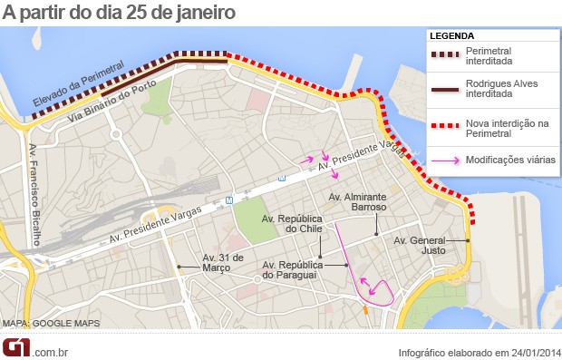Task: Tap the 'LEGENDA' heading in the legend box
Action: (x=451, y=36)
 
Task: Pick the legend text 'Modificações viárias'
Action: (x=510, y=160)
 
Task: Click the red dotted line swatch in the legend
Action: (x=444, y=125)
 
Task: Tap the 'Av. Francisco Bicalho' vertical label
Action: (x=33, y=194)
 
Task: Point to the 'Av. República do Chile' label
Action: (x=292, y=224)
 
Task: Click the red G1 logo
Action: (x=16, y=347)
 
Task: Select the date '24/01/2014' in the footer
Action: (x=531, y=352)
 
